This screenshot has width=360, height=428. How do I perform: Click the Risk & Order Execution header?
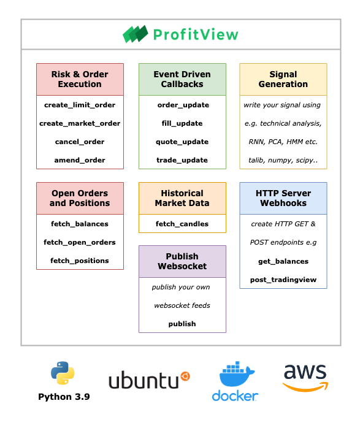pyautogui.click(x=80, y=80)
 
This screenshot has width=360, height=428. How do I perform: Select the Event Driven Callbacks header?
pyautogui.click(x=182, y=80)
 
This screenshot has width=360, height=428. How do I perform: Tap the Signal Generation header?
pyautogui.click(x=283, y=80)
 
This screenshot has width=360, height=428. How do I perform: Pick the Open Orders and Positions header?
pyautogui.click(x=80, y=198)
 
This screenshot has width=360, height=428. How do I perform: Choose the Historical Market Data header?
pyautogui.click(x=182, y=198)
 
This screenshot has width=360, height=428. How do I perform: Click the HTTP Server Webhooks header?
pyautogui.click(x=283, y=198)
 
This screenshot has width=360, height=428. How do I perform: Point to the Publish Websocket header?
pyautogui.click(x=182, y=261)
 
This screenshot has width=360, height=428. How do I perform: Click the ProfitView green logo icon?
pyautogui.click(x=135, y=34)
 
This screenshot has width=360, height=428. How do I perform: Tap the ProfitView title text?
pyautogui.click(x=195, y=34)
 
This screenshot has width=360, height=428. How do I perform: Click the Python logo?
pyautogui.click(x=63, y=373)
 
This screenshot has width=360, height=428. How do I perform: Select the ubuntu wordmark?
pyautogui.click(x=144, y=381)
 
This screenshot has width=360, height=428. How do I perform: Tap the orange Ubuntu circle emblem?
pyautogui.click(x=185, y=376)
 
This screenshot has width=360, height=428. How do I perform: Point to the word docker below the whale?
pyautogui.click(x=235, y=396)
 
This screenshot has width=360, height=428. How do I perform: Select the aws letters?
pyautogui.click(x=305, y=373)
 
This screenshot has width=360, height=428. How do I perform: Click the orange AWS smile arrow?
pyautogui.click(x=305, y=387)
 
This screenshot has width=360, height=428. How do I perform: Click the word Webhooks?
pyautogui.click(x=283, y=203)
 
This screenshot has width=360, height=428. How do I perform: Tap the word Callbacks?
pyautogui.click(x=182, y=85)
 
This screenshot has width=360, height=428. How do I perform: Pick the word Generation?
pyautogui.click(x=283, y=85)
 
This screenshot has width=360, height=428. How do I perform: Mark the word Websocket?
pyautogui.click(x=182, y=266)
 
